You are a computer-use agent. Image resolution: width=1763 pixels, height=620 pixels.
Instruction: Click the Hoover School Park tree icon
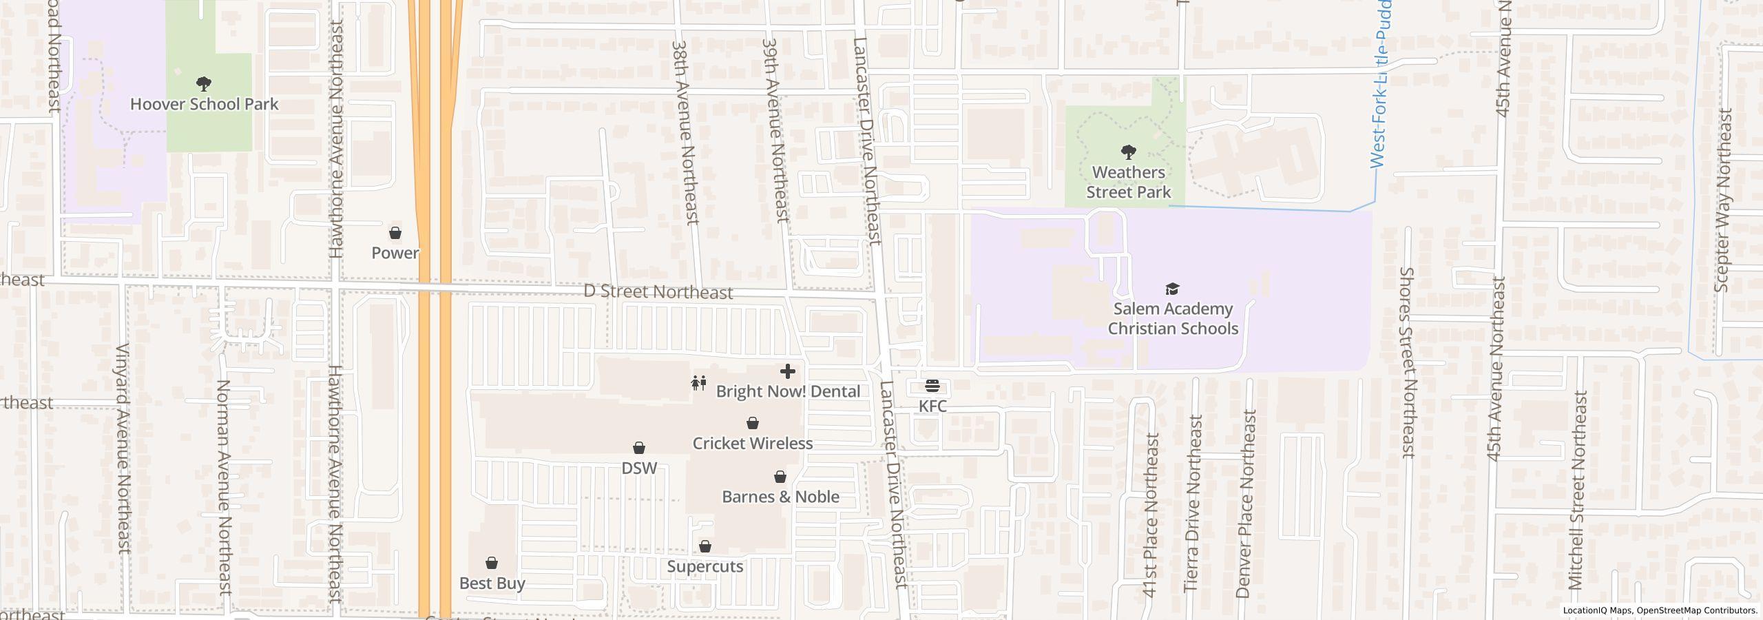click(203, 84)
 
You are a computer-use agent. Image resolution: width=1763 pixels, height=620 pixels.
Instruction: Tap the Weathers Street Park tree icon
click(1128, 152)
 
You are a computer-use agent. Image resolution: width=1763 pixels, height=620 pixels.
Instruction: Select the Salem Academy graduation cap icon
click(1172, 289)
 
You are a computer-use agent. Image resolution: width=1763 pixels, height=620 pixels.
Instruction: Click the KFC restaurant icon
click(932, 386)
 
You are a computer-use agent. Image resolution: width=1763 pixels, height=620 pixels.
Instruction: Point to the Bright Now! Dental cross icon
click(787, 371)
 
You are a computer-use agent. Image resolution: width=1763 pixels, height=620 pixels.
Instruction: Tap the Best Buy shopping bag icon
click(492, 563)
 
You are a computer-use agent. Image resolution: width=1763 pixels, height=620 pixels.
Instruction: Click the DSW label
click(638, 468)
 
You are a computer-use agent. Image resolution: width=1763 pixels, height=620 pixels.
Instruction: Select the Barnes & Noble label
click(780, 497)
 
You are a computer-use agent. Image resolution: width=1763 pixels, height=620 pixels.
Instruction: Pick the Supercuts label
click(705, 566)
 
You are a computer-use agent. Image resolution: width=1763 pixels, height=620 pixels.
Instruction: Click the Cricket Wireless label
click(752, 443)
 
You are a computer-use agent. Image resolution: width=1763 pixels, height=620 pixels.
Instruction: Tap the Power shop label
click(395, 253)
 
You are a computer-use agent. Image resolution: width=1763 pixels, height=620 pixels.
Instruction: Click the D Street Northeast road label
click(658, 292)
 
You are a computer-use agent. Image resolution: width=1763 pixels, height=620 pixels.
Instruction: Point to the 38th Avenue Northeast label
click(685, 131)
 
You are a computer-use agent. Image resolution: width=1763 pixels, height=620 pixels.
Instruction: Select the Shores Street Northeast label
click(1408, 362)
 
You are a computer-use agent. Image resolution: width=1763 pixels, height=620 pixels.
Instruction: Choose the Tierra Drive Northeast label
click(1193, 503)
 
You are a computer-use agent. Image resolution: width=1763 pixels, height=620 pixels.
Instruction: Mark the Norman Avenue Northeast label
click(224, 486)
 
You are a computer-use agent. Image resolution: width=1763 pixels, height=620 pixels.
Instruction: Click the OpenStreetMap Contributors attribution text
click(1697, 610)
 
